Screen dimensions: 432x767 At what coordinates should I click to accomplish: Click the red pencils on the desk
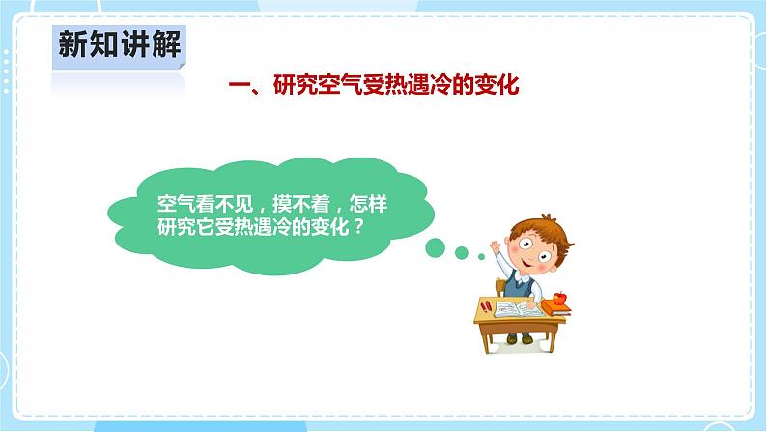486,306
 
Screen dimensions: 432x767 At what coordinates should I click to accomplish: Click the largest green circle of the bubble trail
436,248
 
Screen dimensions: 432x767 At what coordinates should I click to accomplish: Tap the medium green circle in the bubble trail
462,253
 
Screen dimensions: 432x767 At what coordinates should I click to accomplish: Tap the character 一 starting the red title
238,86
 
